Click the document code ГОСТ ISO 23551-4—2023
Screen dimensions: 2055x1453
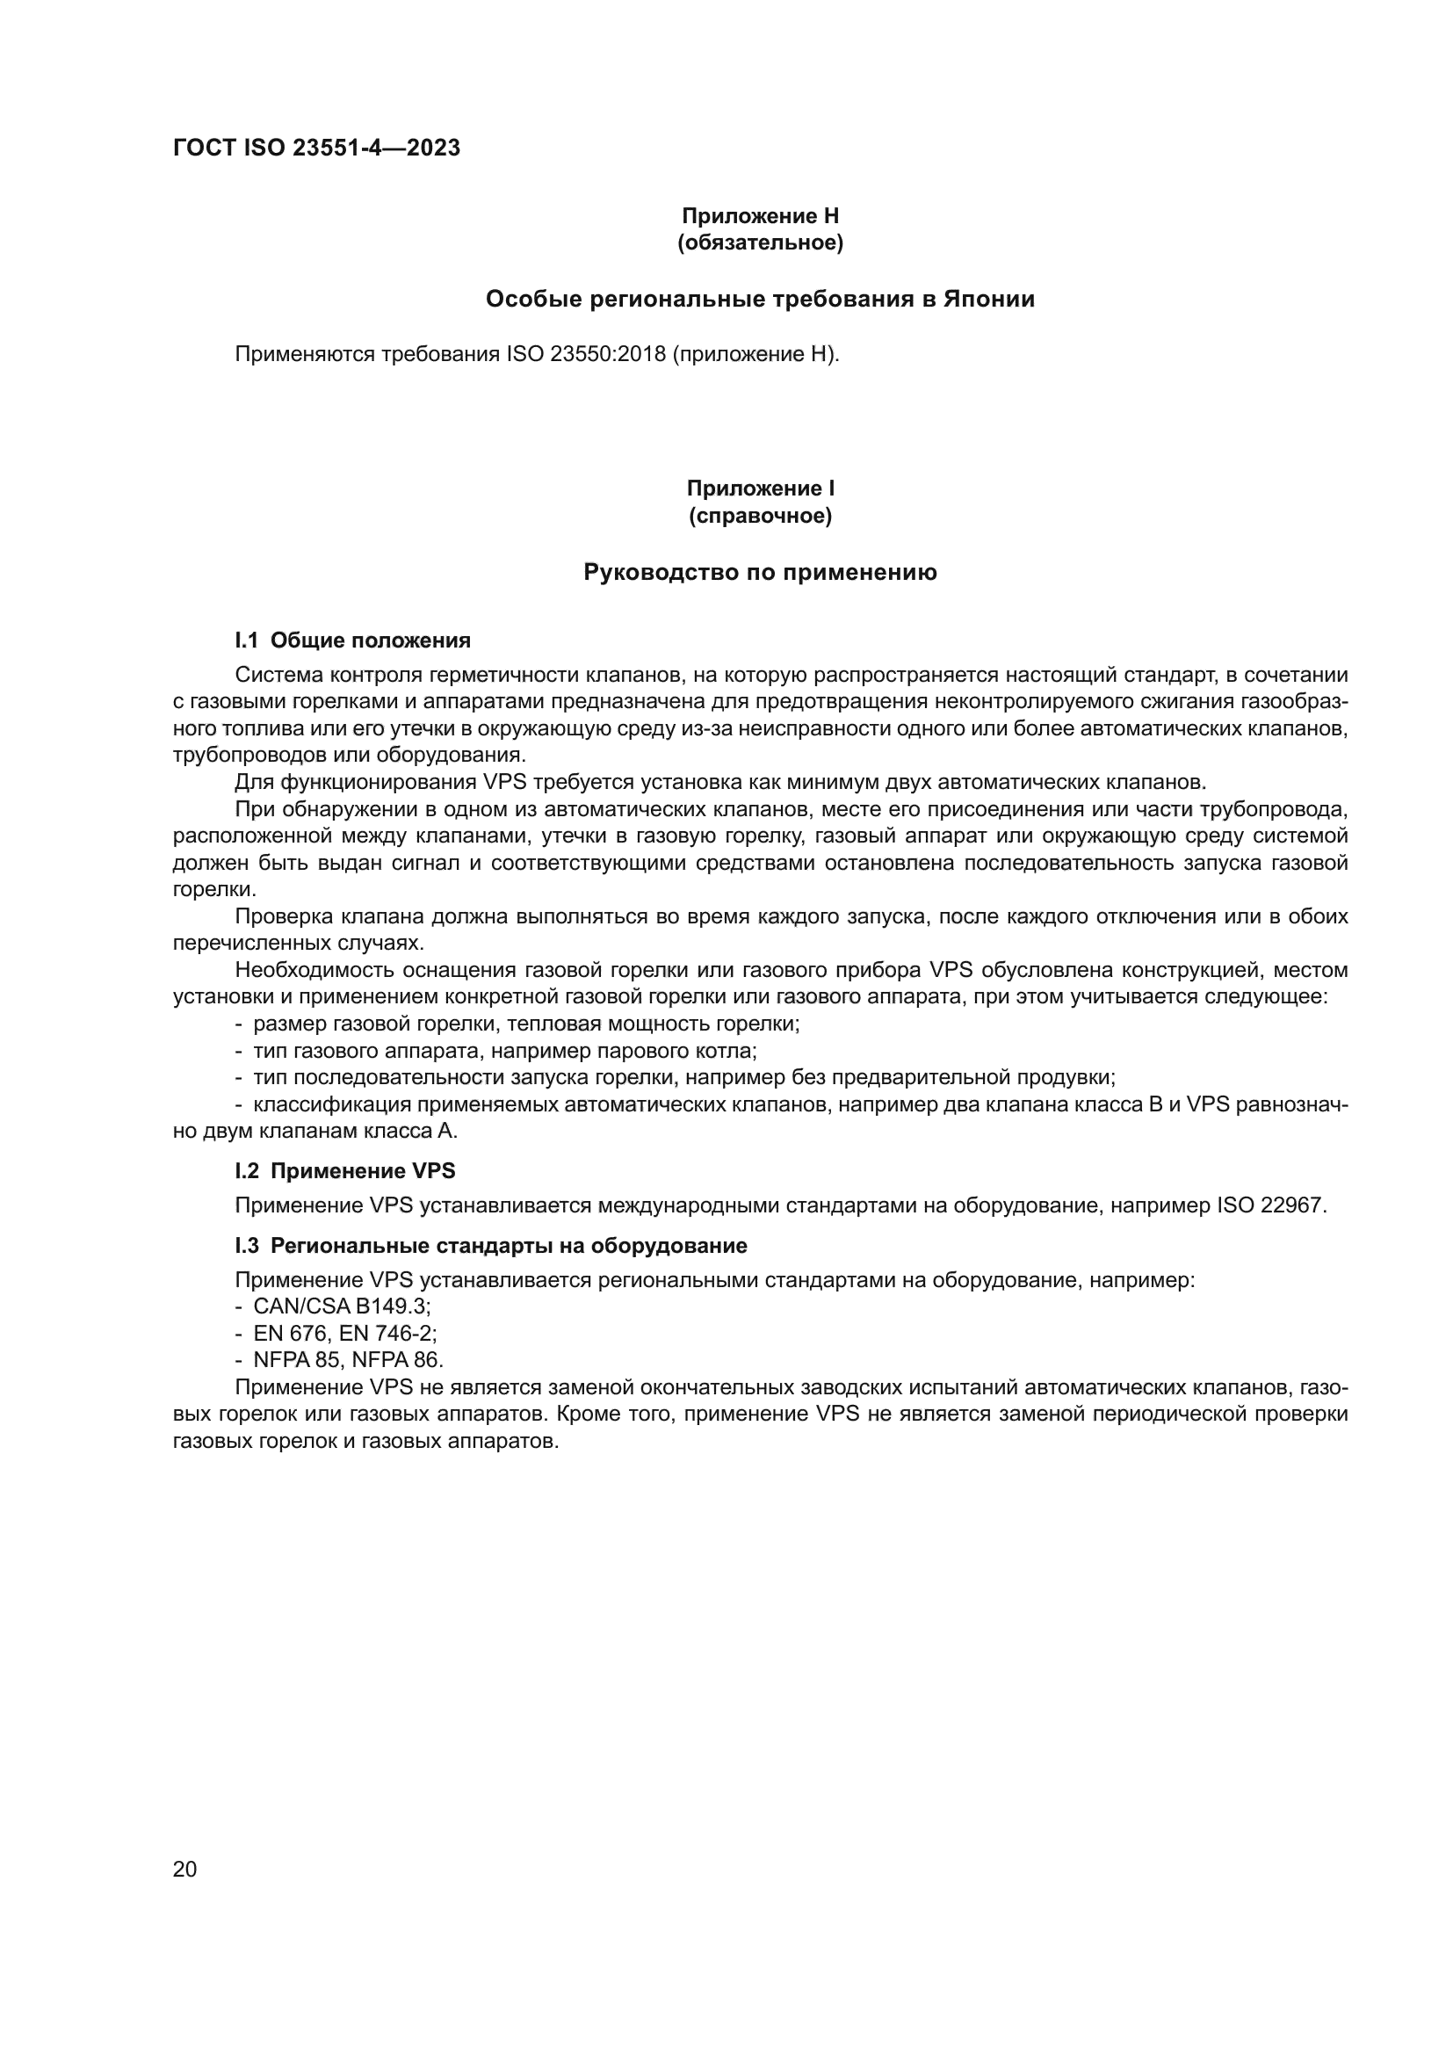316,148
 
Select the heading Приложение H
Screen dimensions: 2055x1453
760,216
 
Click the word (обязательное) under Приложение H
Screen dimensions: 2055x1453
760,242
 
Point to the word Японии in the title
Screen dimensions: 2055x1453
988,299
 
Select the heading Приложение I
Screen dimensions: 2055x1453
760,488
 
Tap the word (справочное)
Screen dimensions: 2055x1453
760,517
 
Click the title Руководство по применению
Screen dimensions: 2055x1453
760,572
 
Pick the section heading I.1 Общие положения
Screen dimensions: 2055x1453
352,640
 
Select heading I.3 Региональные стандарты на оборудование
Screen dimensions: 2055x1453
490,1246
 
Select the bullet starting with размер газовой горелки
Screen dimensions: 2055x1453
526,1023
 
